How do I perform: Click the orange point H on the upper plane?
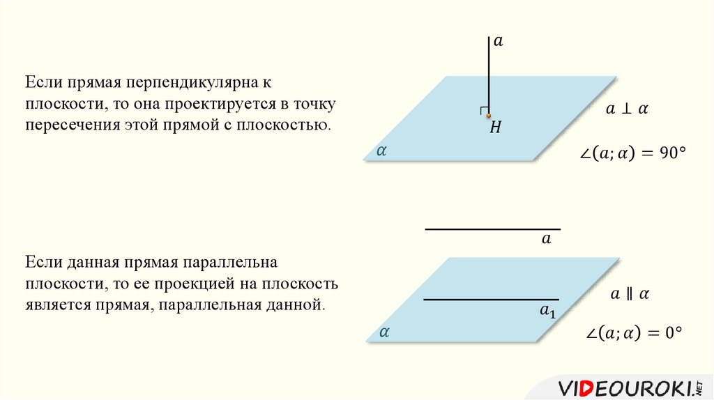(489, 116)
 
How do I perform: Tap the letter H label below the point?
(496, 128)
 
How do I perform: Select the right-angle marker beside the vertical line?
(483, 111)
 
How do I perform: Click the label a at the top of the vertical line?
(498, 42)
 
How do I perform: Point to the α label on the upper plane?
(381, 150)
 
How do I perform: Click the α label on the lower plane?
(383, 332)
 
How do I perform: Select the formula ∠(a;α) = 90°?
(633, 154)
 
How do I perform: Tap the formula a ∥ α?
(630, 294)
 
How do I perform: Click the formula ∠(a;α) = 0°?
(632, 334)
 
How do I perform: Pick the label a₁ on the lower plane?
(548, 311)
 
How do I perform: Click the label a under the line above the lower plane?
(546, 239)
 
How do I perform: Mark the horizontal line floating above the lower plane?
(492, 229)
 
